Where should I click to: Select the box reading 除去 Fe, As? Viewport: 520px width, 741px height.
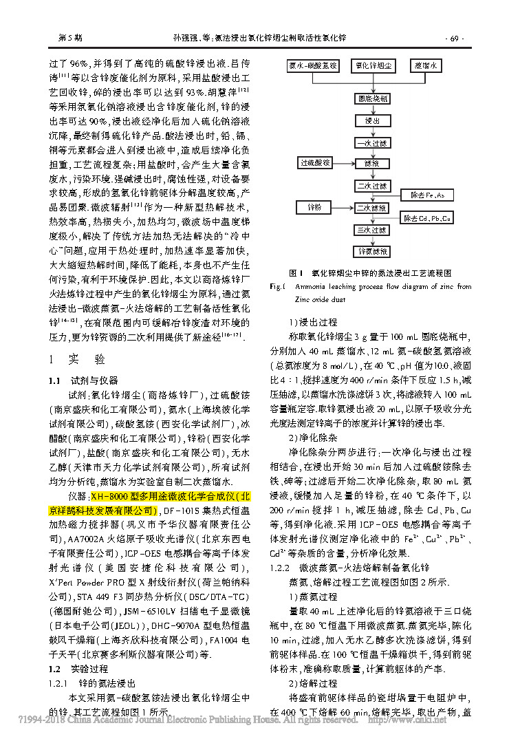pyautogui.click(x=427, y=195)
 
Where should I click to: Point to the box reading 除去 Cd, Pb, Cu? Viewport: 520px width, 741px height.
pyautogui.click(x=427, y=219)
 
